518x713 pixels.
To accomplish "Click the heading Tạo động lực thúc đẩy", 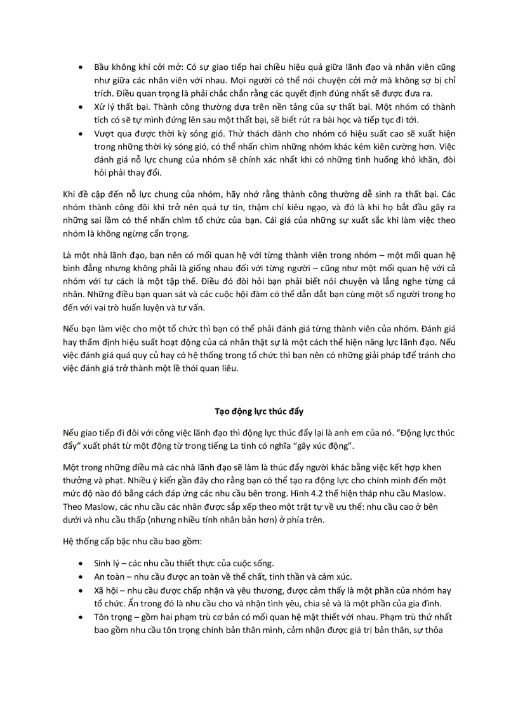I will pyautogui.click(x=258, y=411).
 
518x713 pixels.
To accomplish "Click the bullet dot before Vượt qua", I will pyautogui.click(x=81, y=135).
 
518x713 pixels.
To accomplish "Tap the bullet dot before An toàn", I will pyautogui.click(x=81, y=576).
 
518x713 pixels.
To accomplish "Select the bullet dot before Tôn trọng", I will pyautogui.click(x=81, y=617).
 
